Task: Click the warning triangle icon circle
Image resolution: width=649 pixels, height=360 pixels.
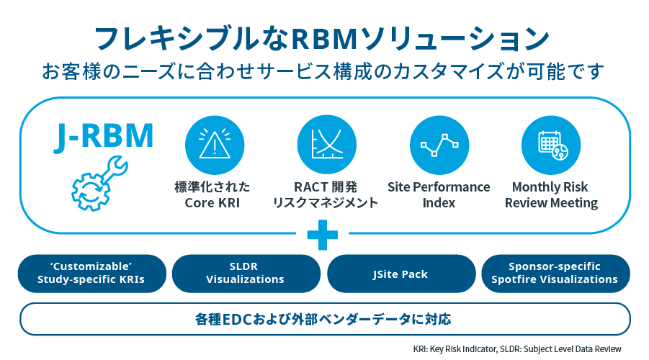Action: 215,145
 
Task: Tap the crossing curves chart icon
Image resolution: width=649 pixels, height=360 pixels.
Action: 326,145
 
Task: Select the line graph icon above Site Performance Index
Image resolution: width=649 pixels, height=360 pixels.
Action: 439,145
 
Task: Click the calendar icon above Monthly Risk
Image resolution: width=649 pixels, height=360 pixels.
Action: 551,145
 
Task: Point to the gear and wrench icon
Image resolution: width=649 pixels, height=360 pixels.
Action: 99,184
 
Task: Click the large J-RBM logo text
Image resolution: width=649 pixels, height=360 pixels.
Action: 104,136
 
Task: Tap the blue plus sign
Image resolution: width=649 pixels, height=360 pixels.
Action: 323,235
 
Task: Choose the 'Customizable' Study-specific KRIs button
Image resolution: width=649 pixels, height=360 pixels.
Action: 92,274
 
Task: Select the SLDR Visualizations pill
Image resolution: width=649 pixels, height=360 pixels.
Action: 246,274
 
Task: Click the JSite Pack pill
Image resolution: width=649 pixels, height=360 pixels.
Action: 401,274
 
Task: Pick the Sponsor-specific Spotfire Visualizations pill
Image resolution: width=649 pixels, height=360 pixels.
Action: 555,274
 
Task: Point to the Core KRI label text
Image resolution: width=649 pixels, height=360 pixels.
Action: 212,203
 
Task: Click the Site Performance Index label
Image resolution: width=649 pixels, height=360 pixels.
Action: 439,195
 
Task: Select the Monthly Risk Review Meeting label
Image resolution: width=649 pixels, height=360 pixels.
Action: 551,195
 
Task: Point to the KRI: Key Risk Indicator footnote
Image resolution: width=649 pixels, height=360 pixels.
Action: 455,348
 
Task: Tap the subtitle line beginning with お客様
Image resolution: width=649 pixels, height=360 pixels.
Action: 323,71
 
